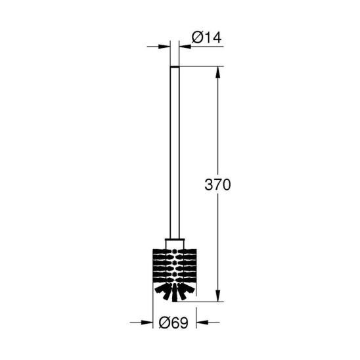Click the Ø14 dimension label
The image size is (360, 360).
pos(206,37)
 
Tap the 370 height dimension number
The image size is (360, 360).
pos(217,185)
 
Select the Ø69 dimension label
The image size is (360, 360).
pos(173,323)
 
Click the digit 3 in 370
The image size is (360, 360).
pos(209,185)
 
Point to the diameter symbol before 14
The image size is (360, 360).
pos(197,37)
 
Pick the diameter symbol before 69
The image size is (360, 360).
pos(164,323)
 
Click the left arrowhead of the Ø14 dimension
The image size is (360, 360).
pos(164,47)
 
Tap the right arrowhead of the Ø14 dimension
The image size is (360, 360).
pos(185,47)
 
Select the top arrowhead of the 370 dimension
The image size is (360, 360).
pos(218,72)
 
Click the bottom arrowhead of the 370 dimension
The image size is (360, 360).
pos(218,296)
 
